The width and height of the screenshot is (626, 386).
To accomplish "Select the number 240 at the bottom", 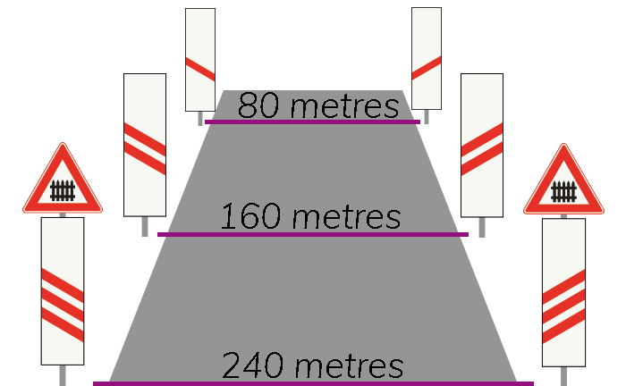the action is click(253, 365).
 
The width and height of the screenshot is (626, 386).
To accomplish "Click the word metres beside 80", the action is click(345, 107).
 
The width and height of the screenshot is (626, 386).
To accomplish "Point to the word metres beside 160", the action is click(347, 217).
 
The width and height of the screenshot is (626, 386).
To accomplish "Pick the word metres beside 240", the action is click(350, 366).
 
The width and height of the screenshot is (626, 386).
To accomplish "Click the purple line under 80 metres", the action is click(313, 122).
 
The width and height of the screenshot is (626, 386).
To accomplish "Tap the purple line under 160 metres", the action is click(313, 234).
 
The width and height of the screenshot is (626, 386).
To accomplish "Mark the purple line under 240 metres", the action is click(313, 383).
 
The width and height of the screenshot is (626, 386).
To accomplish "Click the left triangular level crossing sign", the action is click(63, 180).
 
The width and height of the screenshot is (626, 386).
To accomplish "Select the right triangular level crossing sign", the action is click(563, 180).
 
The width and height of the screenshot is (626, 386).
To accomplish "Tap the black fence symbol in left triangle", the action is click(63, 190).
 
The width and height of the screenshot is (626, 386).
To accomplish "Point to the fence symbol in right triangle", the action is click(563, 192).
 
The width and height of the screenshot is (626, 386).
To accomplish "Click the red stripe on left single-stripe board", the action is click(200, 70).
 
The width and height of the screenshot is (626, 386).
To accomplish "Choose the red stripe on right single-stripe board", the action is click(427, 68).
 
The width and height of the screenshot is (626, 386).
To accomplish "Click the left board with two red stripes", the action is click(145, 145).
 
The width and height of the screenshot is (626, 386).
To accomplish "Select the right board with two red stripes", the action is click(482, 146).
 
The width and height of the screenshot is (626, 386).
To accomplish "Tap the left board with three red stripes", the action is click(63, 291).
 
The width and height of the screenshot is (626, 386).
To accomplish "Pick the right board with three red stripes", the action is click(563, 293).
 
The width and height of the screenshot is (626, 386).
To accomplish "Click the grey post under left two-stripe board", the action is click(145, 226).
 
